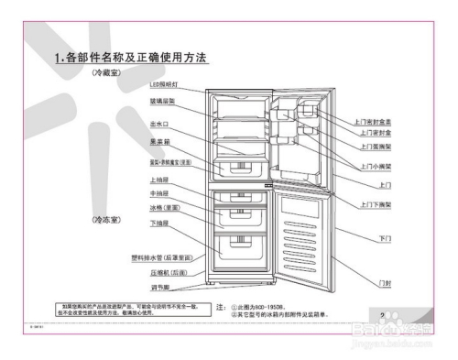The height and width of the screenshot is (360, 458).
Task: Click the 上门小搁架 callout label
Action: (373, 158)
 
